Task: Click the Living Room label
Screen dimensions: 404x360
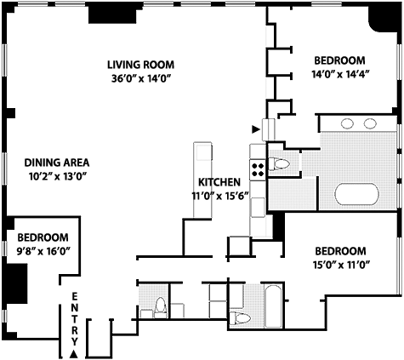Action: click(x=140, y=65)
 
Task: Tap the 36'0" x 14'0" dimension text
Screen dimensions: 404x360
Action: click(x=142, y=78)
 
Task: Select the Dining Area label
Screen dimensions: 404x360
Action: click(x=57, y=163)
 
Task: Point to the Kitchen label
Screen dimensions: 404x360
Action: click(x=219, y=182)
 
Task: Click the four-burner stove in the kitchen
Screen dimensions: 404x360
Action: click(x=258, y=169)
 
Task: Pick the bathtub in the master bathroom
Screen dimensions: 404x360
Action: click(x=356, y=194)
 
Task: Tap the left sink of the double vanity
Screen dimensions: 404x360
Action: click(x=347, y=123)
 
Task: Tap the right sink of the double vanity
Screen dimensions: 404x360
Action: click(x=370, y=123)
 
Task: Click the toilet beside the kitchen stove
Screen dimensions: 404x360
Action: click(x=279, y=164)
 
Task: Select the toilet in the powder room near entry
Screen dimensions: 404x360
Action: click(x=160, y=307)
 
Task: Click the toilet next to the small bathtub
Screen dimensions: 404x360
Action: click(x=240, y=318)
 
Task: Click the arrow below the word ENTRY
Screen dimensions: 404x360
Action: click(x=74, y=354)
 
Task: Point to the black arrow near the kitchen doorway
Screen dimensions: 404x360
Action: click(x=256, y=129)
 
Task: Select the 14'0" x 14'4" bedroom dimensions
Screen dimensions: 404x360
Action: click(x=340, y=74)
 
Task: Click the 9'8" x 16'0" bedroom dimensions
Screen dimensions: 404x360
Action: click(x=43, y=251)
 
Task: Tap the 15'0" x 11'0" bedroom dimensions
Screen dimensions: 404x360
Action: click(x=342, y=265)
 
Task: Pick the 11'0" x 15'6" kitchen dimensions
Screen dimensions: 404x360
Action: click(x=220, y=196)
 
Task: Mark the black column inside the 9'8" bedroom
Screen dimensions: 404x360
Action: click(x=16, y=283)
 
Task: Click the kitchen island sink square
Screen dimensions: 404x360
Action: click(x=203, y=153)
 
